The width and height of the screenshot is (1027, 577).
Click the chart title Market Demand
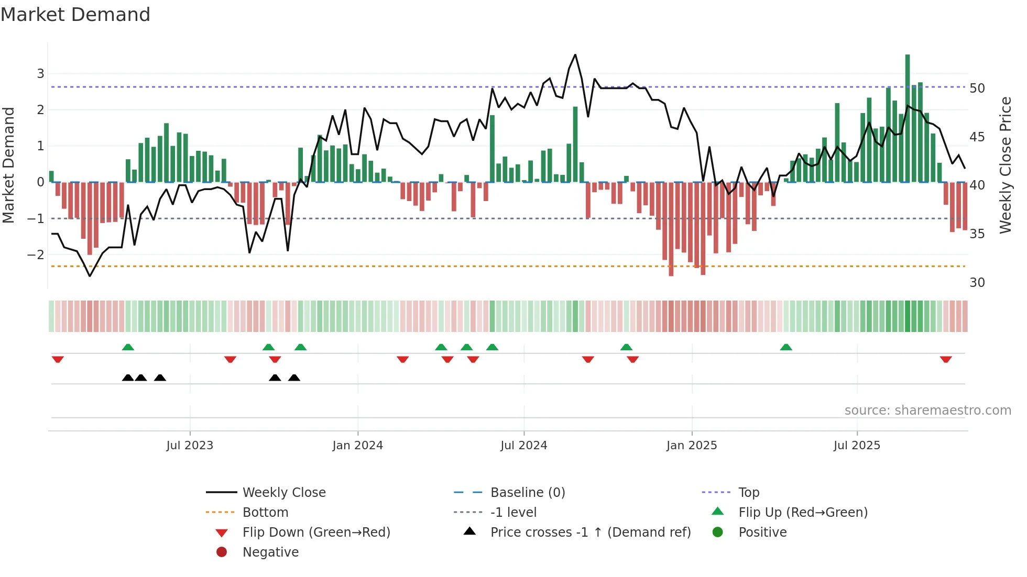(75, 15)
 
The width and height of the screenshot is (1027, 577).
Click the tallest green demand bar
(908, 118)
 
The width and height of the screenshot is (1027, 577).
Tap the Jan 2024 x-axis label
(357, 446)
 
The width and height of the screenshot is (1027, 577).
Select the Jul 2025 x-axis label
(857, 446)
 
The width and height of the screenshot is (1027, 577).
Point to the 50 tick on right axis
(977, 88)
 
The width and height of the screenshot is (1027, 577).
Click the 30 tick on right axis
(977, 283)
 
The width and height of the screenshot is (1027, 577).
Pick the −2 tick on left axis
(36, 255)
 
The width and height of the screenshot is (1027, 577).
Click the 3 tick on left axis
(40, 73)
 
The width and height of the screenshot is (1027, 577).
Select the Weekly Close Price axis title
(1005, 165)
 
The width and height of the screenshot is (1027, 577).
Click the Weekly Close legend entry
(283, 493)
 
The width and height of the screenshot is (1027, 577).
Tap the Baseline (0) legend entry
(527, 493)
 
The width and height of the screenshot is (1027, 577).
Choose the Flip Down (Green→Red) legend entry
(316, 532)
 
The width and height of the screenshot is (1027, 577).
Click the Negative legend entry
(270, 552)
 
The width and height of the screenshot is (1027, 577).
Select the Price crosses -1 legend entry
(590, 532)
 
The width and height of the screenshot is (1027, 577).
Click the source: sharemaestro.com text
(927, 410)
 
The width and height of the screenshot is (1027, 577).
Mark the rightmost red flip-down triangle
(946, 359)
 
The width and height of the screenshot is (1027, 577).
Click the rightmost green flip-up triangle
(786, 347)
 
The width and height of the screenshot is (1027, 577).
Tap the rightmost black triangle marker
(294, 378)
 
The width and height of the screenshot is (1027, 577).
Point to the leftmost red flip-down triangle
(58, 359)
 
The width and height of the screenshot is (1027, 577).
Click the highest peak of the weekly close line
(575, 55)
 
